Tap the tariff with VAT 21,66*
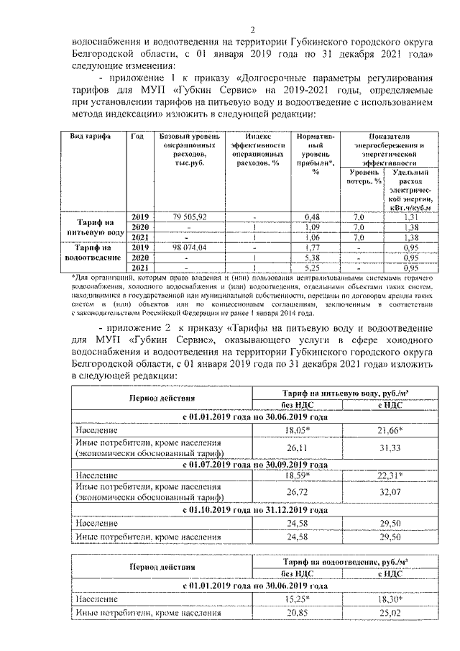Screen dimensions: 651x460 pyautogui.click(x=389, y=429)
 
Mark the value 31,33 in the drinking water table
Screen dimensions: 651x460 pyautogui.click(x=389, y=447)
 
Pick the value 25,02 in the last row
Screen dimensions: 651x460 pyautogui.click(x=389, y=612)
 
